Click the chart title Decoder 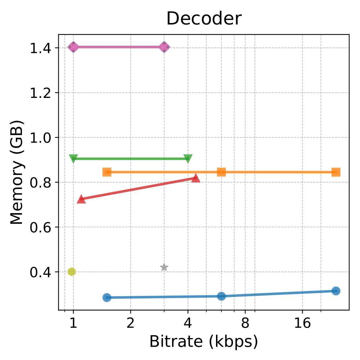click(204, 19)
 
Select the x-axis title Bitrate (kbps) click(203, 342)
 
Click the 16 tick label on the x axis click(302, 324)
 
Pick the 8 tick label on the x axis click(245, 324)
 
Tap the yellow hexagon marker click(72, 272)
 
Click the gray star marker click(164, 267)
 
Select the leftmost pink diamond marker click(73, 47)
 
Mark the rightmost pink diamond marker click(165, 47)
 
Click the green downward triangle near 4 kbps click(188, 158)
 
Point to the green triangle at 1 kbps click(73, 158)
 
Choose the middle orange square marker click(221, 172)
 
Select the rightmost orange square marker click(336, 172)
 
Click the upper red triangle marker click(195, 178)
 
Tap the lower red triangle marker click(81, 199)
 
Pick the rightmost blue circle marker click(336, 291)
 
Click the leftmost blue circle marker click(107, 297)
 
